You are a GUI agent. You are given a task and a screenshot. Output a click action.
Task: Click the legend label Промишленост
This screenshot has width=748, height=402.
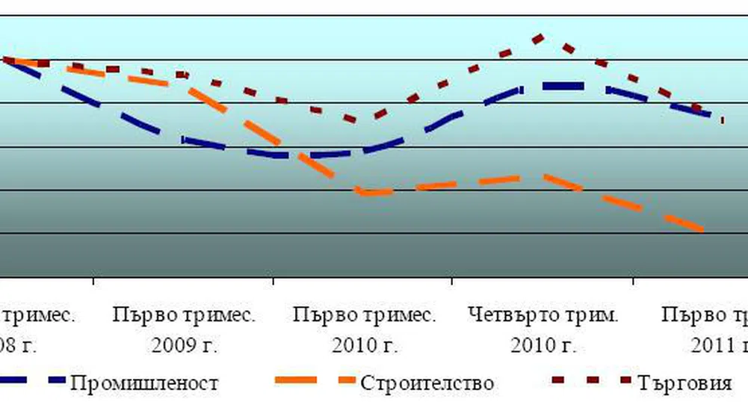(x=144, y=383)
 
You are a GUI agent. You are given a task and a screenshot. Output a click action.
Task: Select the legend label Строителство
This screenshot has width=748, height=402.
(x=427, y=383)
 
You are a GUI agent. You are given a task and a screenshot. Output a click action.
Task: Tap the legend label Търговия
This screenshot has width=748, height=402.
(x=685, y=383)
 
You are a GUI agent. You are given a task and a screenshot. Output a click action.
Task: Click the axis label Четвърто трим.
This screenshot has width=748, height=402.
(x=543, y=315)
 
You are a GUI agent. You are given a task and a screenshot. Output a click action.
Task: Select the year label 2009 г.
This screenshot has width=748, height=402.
(x=183, y=345)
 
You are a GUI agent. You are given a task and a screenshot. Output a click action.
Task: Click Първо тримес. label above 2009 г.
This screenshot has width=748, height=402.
(x=185, y=315)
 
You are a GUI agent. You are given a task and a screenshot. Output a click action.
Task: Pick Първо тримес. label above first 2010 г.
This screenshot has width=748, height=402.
(x=364, y=315)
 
